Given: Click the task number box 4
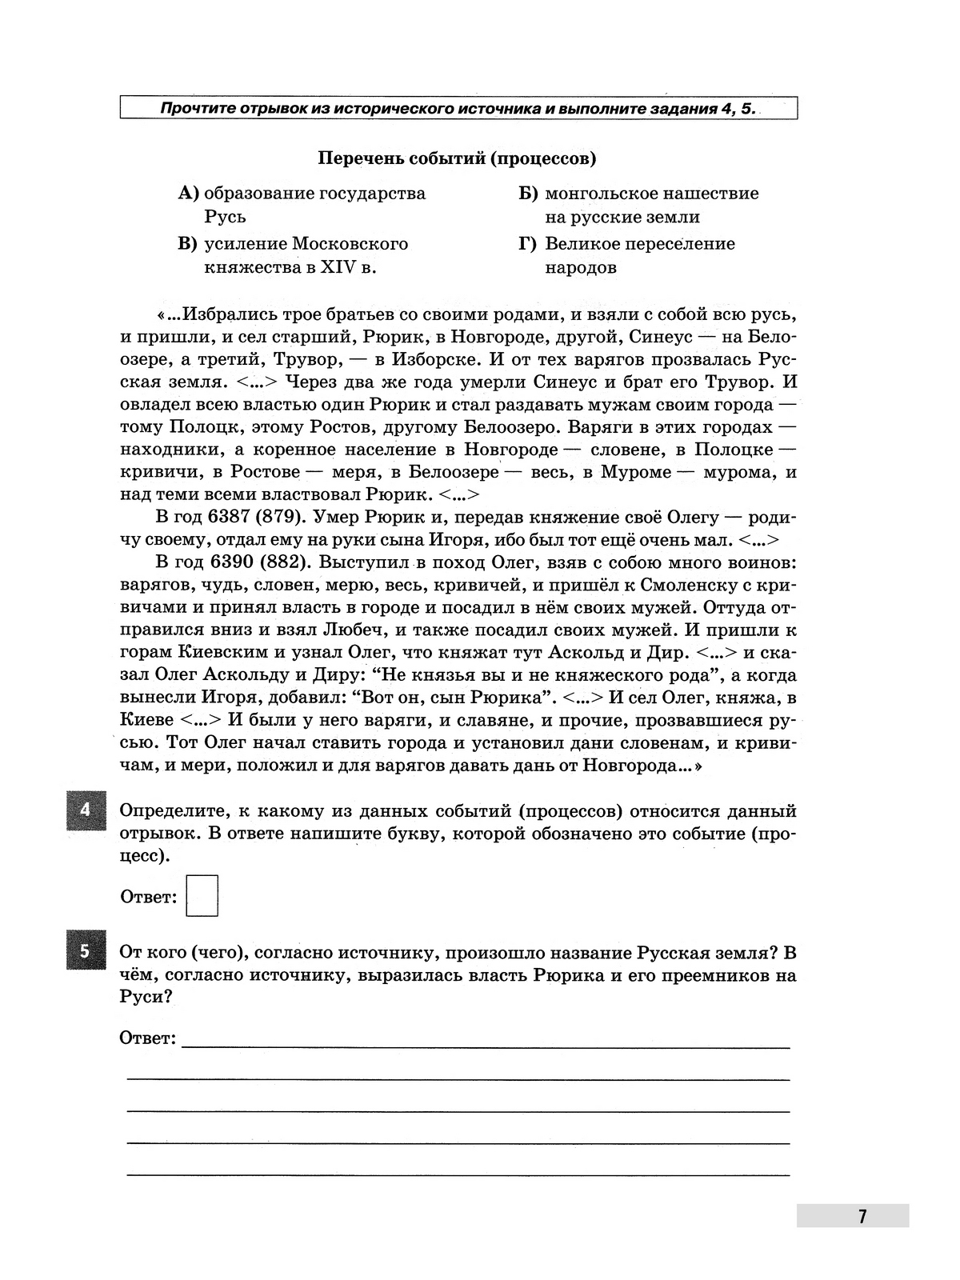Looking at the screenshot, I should click(x=86, y=810).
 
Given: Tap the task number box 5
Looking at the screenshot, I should click(x=86, y=952).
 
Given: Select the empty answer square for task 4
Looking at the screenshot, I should click(x=202, y=895).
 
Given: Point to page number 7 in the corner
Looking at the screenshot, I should click(x=862, y=1216).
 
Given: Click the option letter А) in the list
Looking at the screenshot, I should click(x=188, y=194).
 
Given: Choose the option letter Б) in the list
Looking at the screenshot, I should click(x=529, y=194).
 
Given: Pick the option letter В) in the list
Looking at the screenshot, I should click(x=188, y=244).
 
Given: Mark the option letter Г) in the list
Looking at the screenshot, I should click(x=528, y=244).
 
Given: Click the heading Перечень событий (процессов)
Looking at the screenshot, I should click(x=458, y=158).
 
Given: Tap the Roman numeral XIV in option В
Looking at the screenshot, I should click(x=339, y=268).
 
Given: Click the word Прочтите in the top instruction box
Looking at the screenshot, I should click(x=197, y=108).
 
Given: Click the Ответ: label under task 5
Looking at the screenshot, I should click(x=147, y=1038).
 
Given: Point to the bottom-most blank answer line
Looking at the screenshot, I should click(x=458, y=1174).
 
